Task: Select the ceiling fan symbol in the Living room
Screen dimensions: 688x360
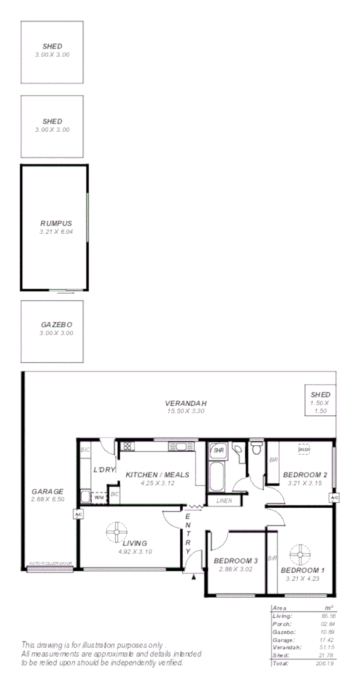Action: pos(117,531)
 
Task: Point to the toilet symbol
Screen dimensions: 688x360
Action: pos(256,448)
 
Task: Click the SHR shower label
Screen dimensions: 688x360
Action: pos(219,450)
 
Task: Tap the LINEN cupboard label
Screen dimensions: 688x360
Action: pos(224,501)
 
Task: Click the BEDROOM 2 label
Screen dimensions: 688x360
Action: pos(305,475)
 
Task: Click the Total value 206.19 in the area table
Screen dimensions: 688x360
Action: pos(324,663)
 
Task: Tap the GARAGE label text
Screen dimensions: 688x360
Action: pos(48,491)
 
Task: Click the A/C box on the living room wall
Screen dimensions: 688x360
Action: pos(78,515)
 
